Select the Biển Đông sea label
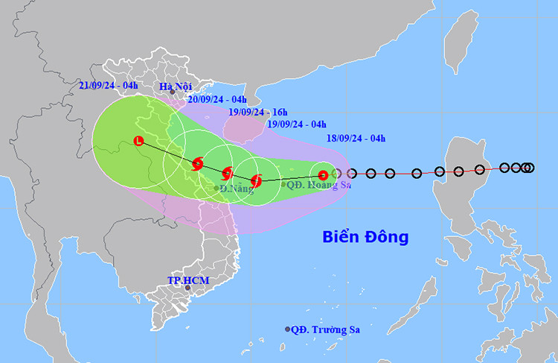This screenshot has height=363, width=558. pos(365,237)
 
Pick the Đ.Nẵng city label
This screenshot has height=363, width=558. pos(236,189)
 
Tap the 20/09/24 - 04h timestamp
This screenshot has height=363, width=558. pos(217,99)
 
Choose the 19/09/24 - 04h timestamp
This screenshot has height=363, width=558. pos(295,124)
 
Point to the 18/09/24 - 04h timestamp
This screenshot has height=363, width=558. pos(356,138)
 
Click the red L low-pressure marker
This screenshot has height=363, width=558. pos(138,140)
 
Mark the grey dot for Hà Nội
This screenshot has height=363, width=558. pos(172,92)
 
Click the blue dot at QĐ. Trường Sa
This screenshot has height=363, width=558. pos(288,329)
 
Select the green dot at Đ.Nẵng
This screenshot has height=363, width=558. pos(217,188)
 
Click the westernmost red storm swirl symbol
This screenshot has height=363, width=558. pos(197,164)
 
